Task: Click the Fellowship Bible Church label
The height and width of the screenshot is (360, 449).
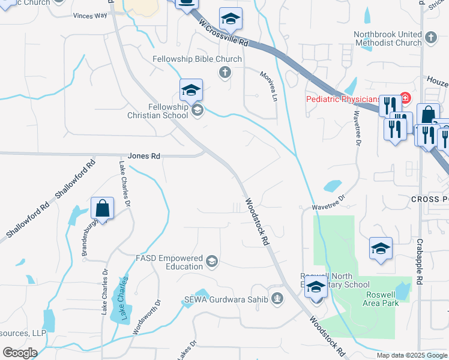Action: pyautogui.click(x=197, y=59)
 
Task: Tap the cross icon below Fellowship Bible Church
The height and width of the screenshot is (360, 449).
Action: pyautogui.click(x=225, y=73)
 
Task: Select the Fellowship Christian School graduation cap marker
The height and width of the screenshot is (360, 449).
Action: pyautogui.click(x=191, y=91)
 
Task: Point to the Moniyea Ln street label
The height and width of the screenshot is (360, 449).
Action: pyautogui.click(x=269, y=85)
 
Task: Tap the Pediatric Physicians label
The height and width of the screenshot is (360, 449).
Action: pyautogui.click(x=343, y=99)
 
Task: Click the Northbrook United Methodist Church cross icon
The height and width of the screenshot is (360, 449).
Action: pyautogui.click(x=431, y=38)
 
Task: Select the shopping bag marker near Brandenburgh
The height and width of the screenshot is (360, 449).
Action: pyautogui.click(x=103, y=209)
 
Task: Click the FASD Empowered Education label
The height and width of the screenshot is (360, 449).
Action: pyautogui.click(x=169, y=262)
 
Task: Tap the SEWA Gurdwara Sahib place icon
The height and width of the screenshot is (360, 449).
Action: pyautogui.click(x=277, y=298)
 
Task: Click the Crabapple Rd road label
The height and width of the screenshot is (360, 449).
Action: pyautogui.click(x=420, y=254)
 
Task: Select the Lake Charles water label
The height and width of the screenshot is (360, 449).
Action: pyautogui.click(x=124, y=298)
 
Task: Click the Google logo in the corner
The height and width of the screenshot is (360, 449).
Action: pyautogui.click(x=20, y=353)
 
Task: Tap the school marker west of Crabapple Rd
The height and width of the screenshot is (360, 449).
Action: pyautogui.click(x=381, y=250)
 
